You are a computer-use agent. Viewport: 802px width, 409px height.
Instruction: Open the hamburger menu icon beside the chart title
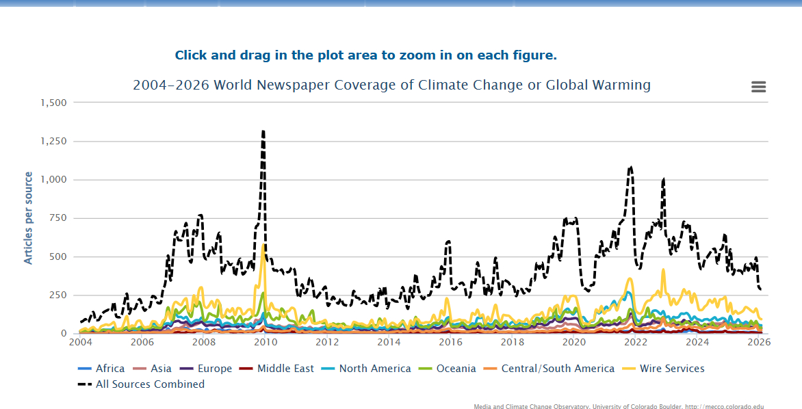(758, 87)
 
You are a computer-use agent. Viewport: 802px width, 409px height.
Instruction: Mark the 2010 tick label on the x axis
(266, 342)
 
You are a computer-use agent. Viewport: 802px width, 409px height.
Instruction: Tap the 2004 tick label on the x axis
(81, 342)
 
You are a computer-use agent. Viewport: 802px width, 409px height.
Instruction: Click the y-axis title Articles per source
(29, 218)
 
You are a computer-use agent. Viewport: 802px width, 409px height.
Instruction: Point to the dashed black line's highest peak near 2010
(263, 131)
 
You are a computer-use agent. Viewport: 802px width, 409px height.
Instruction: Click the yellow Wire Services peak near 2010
(263, 246)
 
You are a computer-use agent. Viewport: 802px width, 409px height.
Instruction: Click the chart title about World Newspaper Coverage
(391, 85)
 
